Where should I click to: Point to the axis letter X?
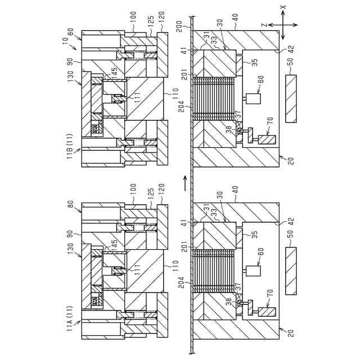pos(283,8)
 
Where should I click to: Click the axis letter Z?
pos(263,25)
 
